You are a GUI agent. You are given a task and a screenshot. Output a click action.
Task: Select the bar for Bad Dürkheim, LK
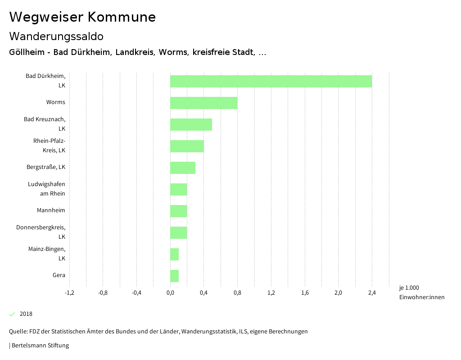tap(271, 81)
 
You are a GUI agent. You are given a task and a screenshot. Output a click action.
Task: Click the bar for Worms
tap(203, 103)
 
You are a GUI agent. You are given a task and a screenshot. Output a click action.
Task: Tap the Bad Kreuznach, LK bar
tap(191, 124)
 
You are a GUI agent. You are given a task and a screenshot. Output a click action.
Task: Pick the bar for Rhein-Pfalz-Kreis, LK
tap(187, 146)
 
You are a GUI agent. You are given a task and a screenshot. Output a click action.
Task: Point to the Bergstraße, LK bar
tap(183, 168)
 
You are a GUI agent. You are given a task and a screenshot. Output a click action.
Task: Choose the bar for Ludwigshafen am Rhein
tap(178, 189)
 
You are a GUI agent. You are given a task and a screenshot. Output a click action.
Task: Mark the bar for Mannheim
tap(178, 211)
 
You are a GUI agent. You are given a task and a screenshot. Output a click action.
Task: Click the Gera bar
tap(174, 276)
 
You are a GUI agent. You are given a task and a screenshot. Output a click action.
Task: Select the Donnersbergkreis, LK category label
tap(41, 232)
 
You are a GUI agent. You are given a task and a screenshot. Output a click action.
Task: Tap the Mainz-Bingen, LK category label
tap(47, 253)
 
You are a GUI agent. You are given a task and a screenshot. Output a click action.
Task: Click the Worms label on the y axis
tap(55, 102)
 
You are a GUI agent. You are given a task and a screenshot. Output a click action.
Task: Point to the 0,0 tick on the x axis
tap(170, 293)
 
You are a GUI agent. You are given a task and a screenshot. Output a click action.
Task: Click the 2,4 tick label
tap(372, 293)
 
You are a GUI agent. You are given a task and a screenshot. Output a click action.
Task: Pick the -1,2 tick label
tap(69, 293)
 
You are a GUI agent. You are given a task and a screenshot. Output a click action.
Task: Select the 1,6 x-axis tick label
tap(305, 293)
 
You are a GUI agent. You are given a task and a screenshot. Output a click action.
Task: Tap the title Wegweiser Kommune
tap(82, 17)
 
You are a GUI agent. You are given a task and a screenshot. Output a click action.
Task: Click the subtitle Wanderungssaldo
tap(56, 36)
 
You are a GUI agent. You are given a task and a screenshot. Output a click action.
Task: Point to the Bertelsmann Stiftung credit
tap(40, 346)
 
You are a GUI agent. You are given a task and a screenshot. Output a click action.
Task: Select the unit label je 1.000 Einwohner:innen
tap(421, 292)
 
